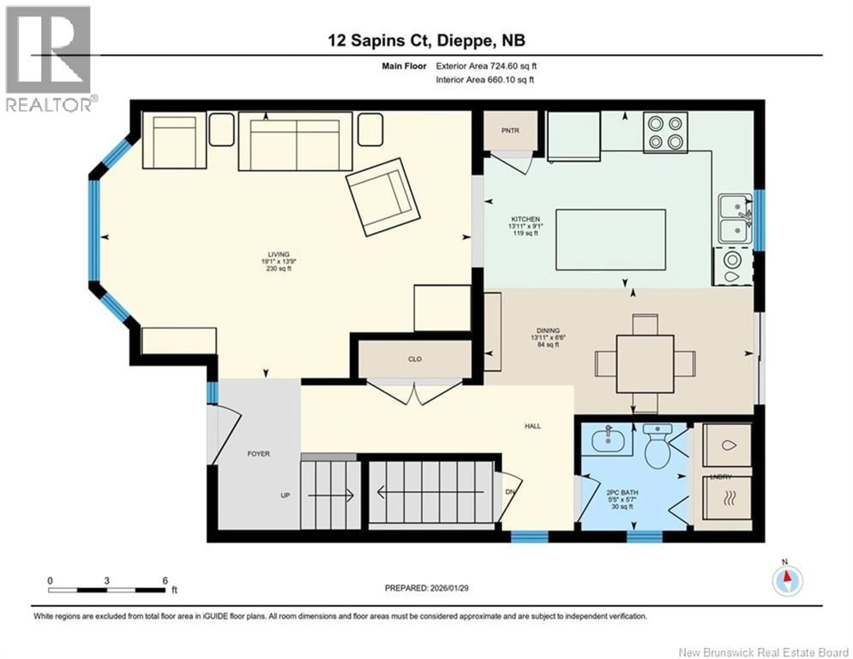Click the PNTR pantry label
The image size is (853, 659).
510,131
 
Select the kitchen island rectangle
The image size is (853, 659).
610,240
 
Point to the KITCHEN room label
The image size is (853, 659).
525,219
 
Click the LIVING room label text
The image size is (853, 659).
279,254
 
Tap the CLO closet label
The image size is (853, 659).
415,359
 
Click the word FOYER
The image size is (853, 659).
259,454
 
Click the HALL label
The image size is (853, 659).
532,426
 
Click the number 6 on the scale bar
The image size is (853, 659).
165,581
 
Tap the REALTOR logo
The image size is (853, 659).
49,59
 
